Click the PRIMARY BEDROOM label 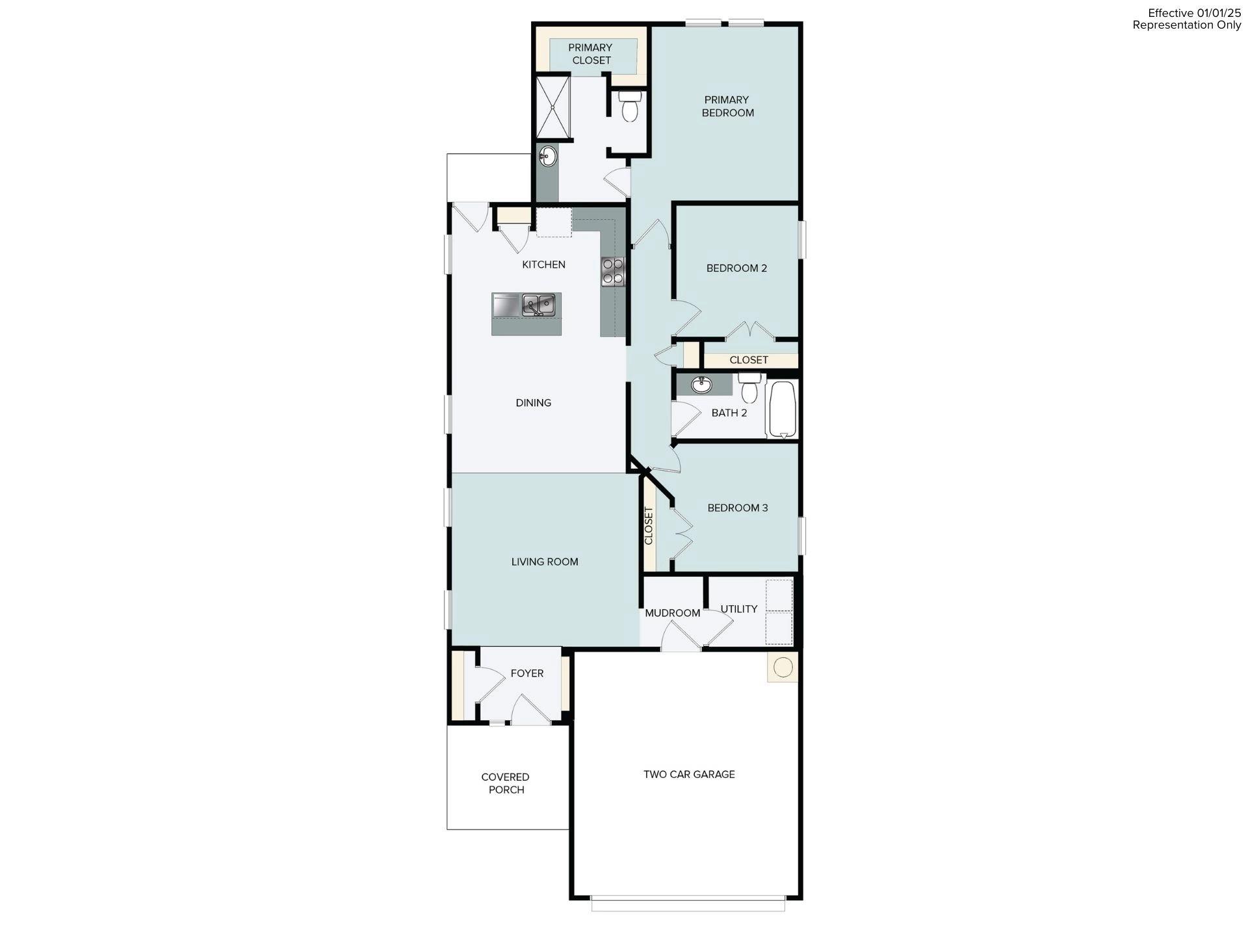pos(727,106)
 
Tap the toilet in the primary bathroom pos(629,107)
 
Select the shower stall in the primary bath pos(552,107)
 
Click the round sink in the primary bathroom pos(548,156)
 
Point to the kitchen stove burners pos(612,271)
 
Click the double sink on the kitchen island pos(539,305)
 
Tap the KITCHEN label pos(543,265)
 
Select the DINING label pos(533,403)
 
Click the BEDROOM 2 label pos(736,268)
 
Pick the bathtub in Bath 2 pos(782,409)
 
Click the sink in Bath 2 pos(701,385)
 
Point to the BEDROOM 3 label pos(737,508)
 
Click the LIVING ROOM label pos(544,562)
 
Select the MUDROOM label pos(672,613)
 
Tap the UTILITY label pos(738,609)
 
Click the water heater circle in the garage pos(783,667)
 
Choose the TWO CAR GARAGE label pos(689,774)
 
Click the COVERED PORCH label pos(505,783)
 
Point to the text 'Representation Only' pos(1186,25)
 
